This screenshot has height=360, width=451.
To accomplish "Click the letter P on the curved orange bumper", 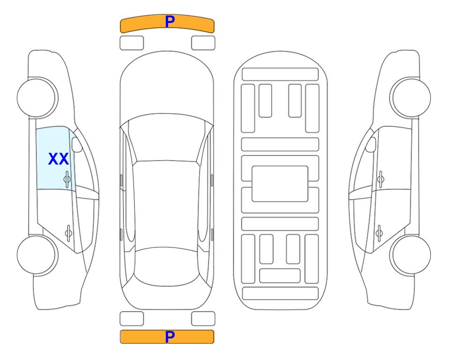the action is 170,22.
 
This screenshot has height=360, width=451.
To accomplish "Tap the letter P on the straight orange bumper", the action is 170,337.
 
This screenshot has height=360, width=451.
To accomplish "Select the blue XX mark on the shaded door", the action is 59,159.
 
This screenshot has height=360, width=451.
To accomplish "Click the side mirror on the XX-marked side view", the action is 77,144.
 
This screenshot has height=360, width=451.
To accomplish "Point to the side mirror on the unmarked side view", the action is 371,144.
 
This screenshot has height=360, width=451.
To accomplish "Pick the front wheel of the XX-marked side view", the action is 37,98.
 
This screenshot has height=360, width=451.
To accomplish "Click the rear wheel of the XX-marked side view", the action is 37,255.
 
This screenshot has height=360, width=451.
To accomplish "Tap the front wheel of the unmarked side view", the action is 411,98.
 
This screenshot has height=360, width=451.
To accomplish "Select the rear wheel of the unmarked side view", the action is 411,255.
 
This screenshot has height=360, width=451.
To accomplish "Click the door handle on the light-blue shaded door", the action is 67,179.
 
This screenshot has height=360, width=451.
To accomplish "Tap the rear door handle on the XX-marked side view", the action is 68,232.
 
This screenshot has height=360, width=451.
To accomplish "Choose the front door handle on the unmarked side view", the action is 381,179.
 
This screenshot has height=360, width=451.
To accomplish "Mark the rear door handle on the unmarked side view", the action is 379,232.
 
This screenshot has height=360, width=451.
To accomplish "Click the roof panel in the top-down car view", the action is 166,204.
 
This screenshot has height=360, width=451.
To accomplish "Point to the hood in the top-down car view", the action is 167,86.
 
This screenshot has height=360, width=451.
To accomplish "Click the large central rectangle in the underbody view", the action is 280,184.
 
